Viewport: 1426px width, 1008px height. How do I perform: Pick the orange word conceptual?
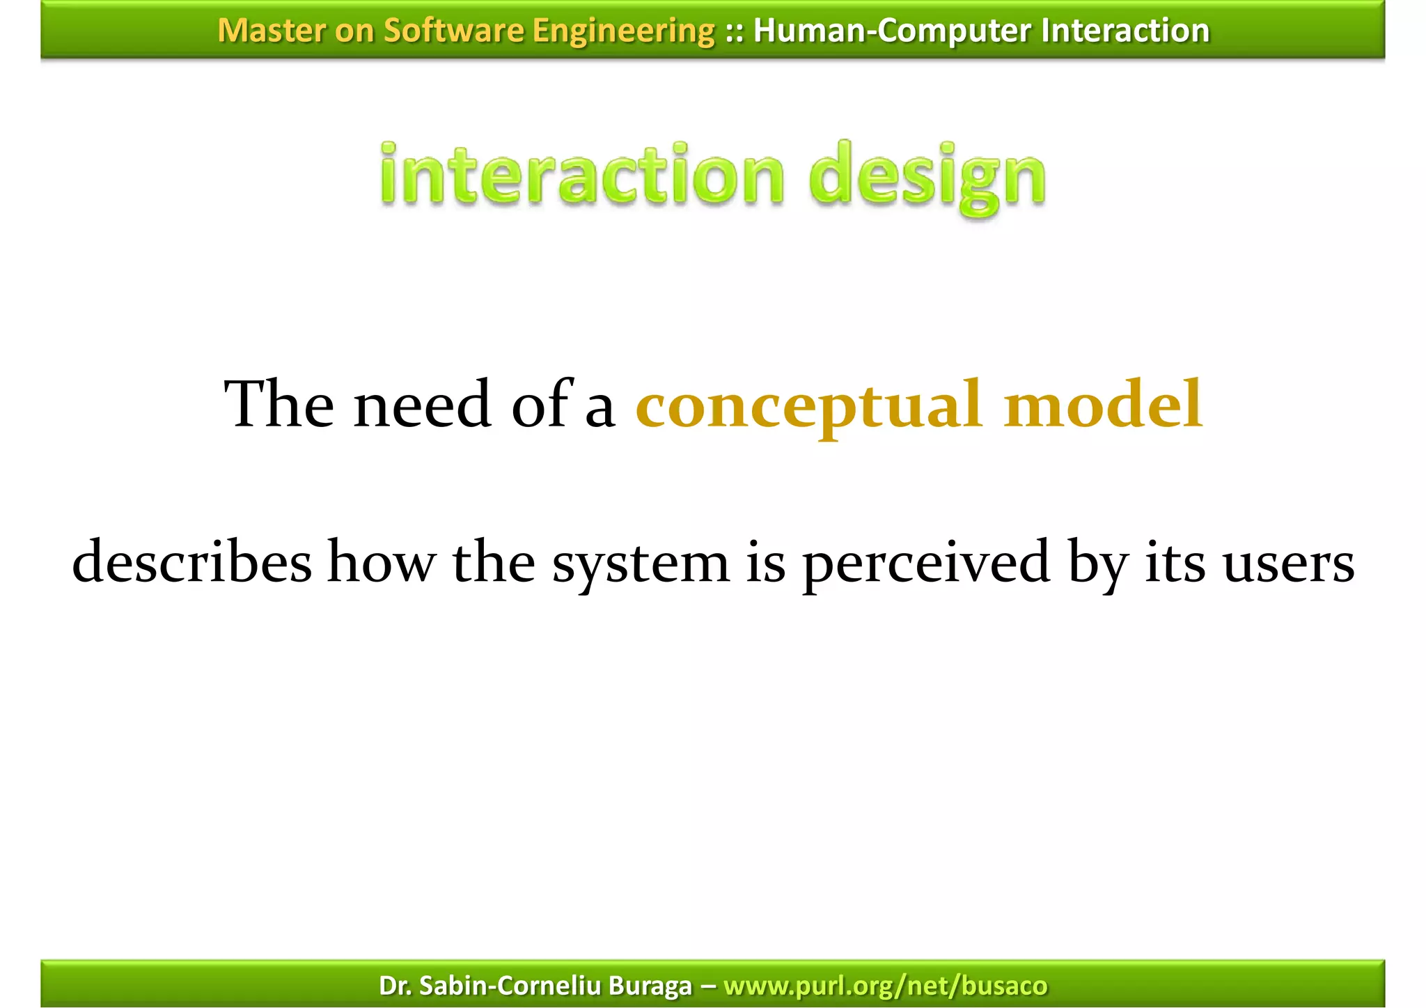(x=809, y=405)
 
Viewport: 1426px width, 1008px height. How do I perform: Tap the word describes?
(x=192, y=561)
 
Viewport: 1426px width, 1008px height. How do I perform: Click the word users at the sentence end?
(x=1288, y=563)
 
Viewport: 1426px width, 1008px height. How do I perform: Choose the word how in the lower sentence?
(x=382, y=561)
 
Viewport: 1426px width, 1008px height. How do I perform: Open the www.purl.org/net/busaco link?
(x=885, y=986)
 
